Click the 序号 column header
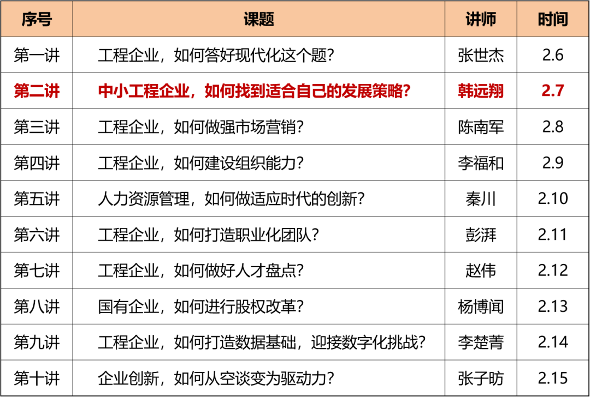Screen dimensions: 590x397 pos(37,19)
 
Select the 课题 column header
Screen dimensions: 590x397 pos(258,19)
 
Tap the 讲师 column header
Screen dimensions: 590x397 pos(481,19)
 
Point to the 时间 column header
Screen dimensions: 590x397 pos(553,19)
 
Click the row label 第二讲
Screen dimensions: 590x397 pos(37,91)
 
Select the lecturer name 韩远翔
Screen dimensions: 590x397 pos(481,91)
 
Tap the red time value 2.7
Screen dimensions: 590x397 pos(553,91)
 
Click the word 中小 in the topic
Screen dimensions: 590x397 pos(113,91)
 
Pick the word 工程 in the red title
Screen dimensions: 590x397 pos(144,91)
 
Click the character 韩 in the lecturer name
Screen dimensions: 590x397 pos(465,91)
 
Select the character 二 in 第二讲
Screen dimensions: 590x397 pos(37,91)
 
